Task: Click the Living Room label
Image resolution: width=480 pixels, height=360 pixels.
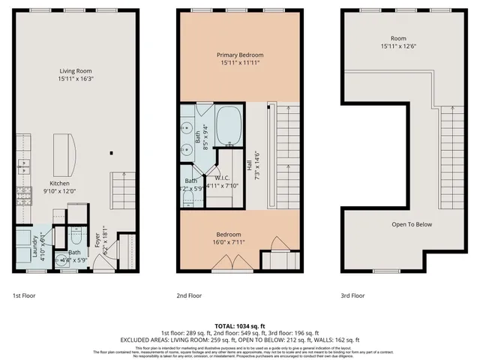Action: pos(75,72)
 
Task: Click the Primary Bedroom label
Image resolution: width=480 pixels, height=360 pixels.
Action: pos(240,55)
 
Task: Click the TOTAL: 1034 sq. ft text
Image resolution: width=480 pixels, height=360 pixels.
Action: pos(240,326)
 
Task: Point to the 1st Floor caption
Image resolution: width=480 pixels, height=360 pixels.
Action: pos(25,295)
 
